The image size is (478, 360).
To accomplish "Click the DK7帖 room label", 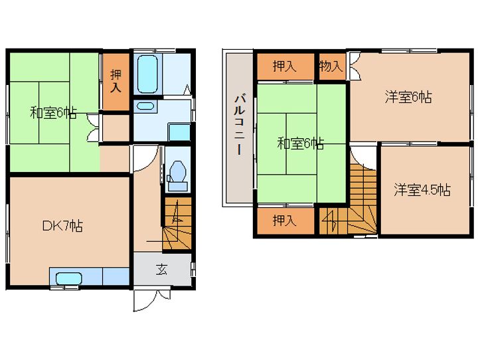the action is [62, 226].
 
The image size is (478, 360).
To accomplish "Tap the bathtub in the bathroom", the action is [147, 74].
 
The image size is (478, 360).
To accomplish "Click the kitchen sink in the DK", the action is [69, 278].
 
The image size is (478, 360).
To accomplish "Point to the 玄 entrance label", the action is [161, 269].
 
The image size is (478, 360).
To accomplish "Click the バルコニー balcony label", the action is [239, 125].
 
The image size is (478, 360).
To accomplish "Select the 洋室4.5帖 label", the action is [422, 190].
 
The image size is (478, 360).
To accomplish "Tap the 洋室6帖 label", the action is [408, 98].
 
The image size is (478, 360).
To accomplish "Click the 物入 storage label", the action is [331, 66].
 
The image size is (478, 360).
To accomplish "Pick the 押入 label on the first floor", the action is [116, 81].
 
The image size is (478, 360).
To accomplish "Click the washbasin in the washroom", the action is [145, 106].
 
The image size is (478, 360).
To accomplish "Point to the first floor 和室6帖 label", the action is [53, 113].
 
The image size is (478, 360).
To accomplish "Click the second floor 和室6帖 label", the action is [301, 143].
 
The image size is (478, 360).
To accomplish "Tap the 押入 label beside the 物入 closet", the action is [284, 66].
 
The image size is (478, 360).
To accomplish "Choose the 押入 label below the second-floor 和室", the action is [284, 220].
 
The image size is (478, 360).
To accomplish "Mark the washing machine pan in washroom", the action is [179, 132].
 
